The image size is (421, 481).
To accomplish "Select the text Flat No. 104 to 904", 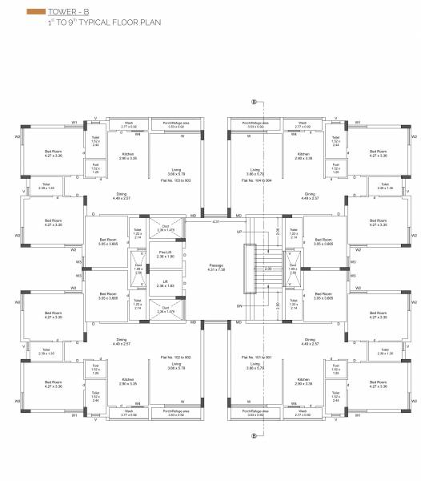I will click(x=256, y=181).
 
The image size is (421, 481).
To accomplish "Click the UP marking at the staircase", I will click(x=238, y=231).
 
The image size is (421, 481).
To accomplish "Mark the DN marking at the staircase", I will click(x=238, y=306).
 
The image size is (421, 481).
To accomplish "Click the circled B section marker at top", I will click(x=254, y=103).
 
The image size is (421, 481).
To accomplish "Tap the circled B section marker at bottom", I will click(x=254, y=435).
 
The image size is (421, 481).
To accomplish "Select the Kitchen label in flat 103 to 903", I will click(x=127, y=156).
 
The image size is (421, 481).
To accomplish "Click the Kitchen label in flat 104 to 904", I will click(x=303, y=156).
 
